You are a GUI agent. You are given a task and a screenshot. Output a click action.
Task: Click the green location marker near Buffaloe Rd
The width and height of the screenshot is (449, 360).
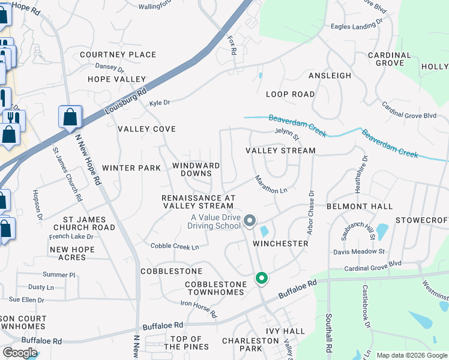coord(261,278)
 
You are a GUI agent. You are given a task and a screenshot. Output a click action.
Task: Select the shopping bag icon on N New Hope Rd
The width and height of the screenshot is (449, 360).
coord(70,117)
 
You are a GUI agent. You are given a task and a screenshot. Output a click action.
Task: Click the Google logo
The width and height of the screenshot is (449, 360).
coord(20,353)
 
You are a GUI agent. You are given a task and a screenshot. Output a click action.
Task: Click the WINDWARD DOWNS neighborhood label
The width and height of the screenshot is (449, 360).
coord(196,169)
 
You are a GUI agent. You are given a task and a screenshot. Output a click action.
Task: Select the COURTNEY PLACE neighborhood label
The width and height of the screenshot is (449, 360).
coord(118,55)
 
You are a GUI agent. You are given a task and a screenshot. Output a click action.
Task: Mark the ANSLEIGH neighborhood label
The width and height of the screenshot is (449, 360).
coord(330,76)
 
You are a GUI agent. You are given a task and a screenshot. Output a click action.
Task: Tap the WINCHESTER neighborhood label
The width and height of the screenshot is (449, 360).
coord(280,244)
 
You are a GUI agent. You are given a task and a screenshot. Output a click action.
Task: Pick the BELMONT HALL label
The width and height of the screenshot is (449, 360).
coord(359,206)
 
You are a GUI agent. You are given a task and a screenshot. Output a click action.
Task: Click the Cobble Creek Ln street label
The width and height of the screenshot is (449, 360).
coord(175,246)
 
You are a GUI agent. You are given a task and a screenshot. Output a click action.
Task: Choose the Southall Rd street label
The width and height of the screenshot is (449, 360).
coord(329,332)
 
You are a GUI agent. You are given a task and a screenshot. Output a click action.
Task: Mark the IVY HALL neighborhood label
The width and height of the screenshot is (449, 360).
coord(285,331)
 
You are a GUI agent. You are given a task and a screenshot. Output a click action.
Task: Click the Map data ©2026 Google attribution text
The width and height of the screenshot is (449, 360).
coord(411,355)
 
